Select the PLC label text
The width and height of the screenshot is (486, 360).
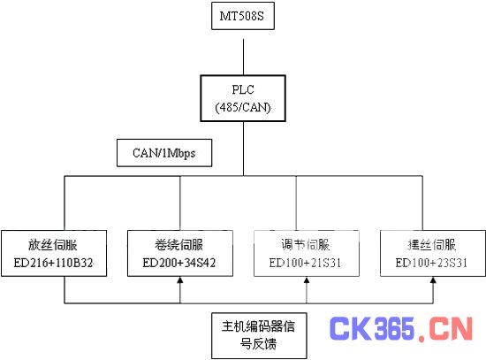243,89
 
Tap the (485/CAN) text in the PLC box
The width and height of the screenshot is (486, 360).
243,107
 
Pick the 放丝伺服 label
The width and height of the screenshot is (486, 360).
53,245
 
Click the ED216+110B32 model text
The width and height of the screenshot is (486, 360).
53,263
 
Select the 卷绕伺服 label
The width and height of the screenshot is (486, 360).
179,245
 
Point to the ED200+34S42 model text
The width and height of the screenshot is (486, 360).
179,263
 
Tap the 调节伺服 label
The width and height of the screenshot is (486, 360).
306,245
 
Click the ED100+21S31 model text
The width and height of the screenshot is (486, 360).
305,263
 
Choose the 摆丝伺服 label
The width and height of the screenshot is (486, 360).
432,245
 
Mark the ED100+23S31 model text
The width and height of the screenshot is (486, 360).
431,263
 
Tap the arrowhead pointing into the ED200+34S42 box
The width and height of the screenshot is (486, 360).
180,280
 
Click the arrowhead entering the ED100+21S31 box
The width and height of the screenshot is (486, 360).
307,280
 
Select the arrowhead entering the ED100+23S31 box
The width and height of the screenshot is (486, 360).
433,280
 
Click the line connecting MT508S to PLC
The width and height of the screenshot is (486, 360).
243,57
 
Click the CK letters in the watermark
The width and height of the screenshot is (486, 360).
350,328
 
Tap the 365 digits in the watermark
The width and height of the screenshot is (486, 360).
394,328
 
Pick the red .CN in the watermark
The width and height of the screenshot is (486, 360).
445,329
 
